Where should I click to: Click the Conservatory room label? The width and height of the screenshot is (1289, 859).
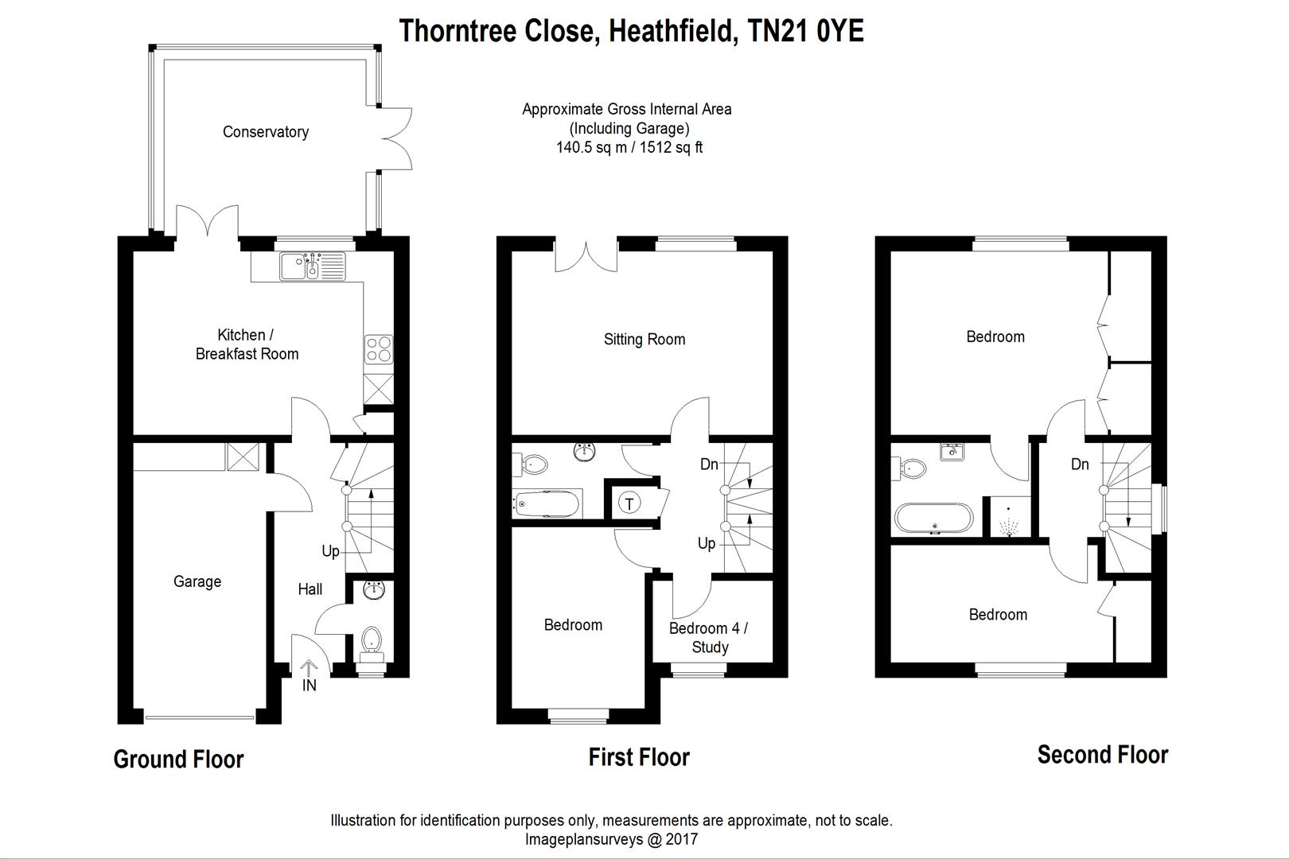point(265,132)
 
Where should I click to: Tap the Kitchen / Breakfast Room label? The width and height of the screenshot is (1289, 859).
point(247,344)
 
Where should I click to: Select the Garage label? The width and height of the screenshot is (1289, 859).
point(197,581)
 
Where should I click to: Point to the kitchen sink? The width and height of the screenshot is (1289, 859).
point(312,266)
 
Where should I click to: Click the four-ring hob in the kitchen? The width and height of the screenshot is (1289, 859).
point(378,349)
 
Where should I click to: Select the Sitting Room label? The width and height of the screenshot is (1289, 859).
point(644,340)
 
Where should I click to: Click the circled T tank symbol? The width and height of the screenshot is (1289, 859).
point(629,503)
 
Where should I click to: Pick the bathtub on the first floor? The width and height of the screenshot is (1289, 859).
point(546,503)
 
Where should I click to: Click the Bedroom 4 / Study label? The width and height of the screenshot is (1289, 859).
point(709,638)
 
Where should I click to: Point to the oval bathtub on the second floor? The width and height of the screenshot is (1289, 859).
point(933,518)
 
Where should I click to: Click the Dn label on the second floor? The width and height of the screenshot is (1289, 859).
point(1080,464)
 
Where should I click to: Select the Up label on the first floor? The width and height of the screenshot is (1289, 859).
point(707,544)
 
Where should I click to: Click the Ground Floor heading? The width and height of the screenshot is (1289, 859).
point(178,760)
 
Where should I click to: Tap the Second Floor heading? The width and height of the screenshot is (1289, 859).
point(1102,755)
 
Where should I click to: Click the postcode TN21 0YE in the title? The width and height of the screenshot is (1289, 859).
point(805,31)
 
